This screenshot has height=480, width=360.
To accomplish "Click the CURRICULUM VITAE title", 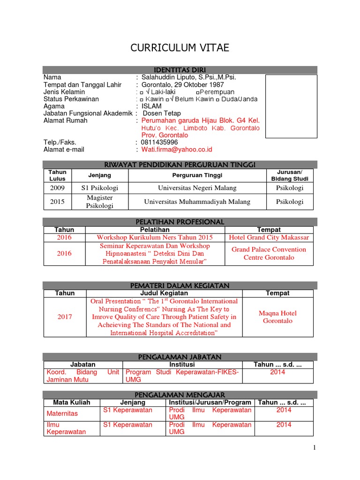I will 180,48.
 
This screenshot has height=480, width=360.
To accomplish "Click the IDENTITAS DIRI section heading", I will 180,70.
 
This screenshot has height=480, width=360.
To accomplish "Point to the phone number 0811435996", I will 159,142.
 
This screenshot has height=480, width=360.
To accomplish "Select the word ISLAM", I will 151,106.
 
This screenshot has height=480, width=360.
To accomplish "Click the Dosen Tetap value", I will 162,113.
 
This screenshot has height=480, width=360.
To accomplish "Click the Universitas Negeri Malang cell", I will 190,188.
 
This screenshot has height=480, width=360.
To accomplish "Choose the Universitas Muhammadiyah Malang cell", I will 197,202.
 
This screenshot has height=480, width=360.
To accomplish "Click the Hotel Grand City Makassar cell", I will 269,238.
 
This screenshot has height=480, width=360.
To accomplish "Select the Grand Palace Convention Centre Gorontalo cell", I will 269,254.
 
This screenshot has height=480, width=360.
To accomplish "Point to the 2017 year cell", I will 65,317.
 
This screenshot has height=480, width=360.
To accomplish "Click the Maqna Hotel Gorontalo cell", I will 277,317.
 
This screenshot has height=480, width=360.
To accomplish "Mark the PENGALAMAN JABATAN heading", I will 180,357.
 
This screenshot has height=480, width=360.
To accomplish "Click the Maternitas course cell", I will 62,413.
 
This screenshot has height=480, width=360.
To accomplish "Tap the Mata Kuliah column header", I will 71,403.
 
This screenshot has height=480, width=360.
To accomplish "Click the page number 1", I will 315,448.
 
